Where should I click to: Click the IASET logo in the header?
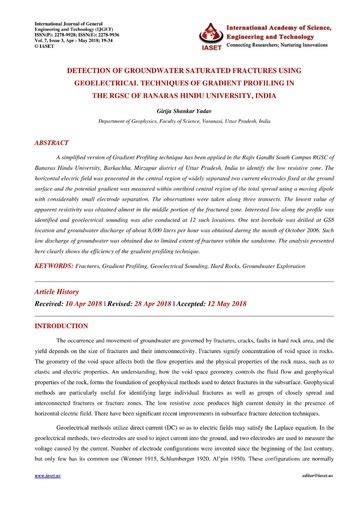tap(209, 22)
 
